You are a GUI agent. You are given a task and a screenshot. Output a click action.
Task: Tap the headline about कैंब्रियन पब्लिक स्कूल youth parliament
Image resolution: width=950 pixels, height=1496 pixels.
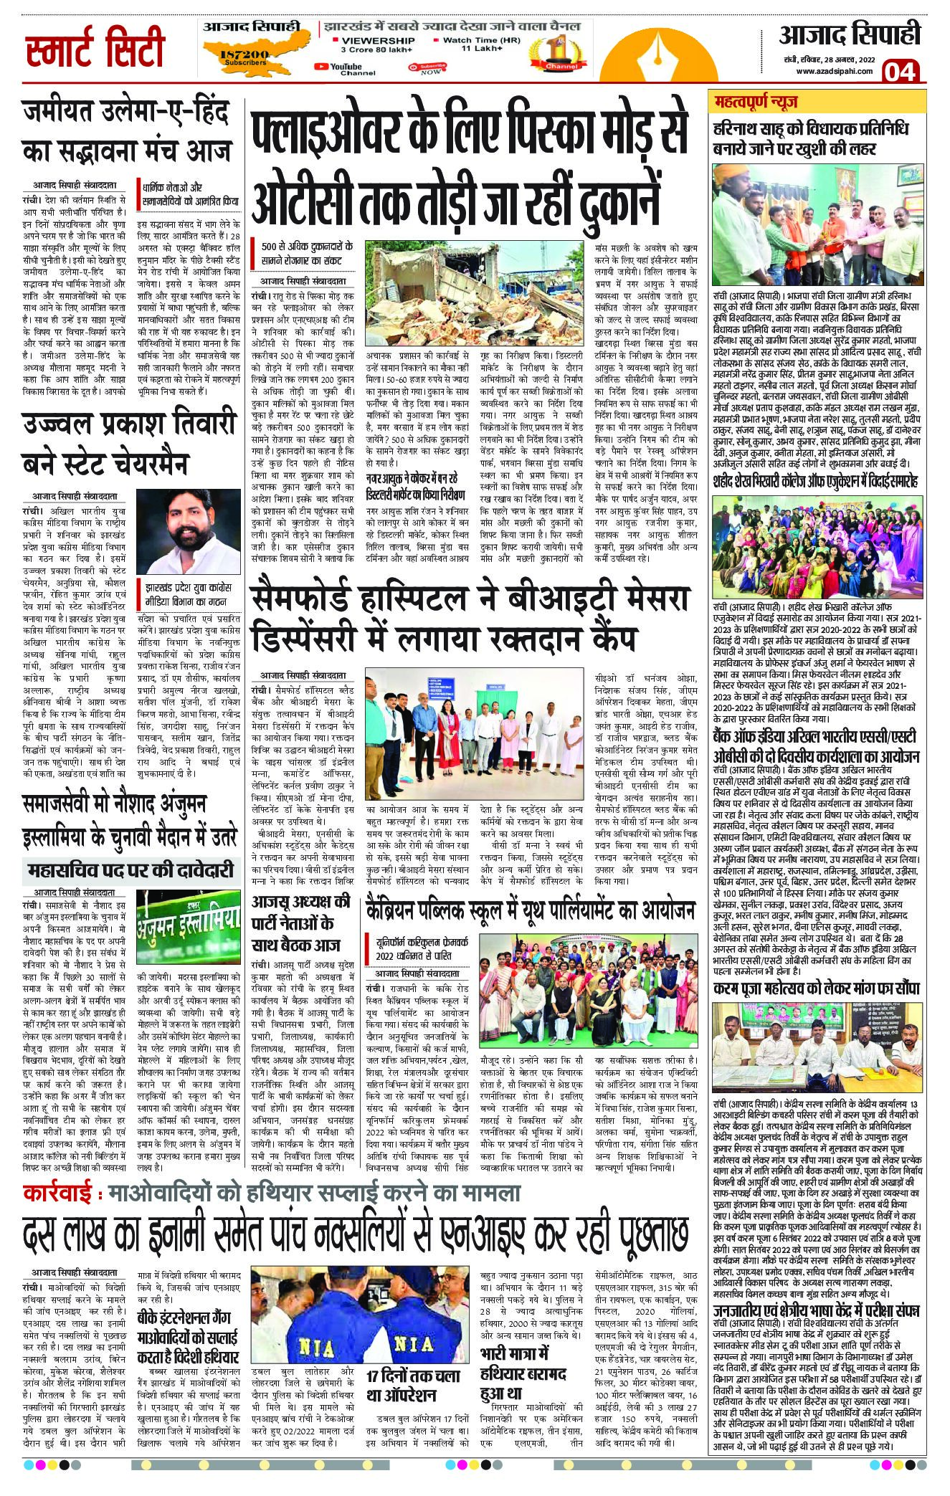(x=528, y=910)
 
